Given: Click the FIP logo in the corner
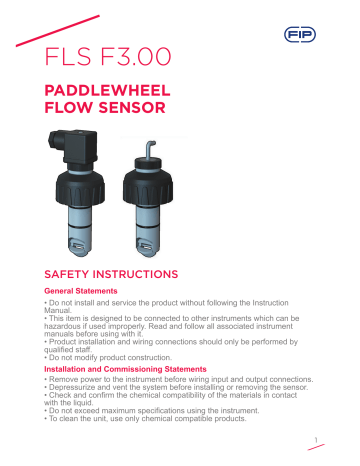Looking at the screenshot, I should coord(320,34).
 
